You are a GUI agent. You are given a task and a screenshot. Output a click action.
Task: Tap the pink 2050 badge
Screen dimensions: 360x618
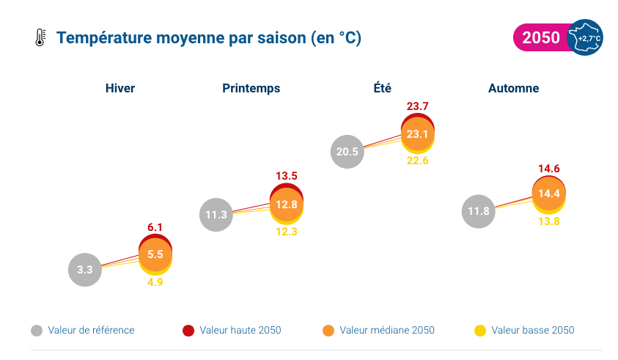point(541,38)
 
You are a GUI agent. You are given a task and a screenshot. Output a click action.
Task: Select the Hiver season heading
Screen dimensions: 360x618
point(120,88)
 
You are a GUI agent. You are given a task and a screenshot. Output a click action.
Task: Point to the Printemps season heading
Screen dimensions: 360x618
point(251,88)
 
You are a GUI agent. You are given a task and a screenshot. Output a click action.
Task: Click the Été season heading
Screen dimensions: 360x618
point(382,88)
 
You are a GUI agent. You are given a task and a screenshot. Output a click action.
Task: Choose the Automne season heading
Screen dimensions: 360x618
point(513,88)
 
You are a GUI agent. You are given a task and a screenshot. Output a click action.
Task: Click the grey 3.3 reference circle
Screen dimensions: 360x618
point(85,269)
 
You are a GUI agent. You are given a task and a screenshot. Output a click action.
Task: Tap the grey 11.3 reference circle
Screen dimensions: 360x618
point(216,215)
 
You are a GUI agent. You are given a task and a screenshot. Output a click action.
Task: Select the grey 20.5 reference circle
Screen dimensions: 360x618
point(347,152)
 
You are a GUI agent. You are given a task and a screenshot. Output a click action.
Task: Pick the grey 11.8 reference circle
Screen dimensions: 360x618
point(478,212)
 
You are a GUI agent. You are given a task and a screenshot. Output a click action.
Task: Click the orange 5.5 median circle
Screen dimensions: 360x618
point(155,254)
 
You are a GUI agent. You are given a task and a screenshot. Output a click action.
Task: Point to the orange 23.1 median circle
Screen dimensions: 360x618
point(418,134)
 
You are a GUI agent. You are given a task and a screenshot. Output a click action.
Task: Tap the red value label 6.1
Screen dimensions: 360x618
point(155,227)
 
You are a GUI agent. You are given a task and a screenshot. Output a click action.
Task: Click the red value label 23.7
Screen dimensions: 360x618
point(418,107)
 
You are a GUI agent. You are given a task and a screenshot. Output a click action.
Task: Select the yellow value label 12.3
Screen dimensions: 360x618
point(287,232)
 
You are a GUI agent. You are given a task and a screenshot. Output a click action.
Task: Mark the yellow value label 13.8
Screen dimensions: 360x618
point(549,221)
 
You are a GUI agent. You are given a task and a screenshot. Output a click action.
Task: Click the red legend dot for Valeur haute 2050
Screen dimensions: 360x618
point(188,331)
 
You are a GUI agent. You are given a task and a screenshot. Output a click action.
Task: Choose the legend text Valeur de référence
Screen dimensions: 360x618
point(91,331)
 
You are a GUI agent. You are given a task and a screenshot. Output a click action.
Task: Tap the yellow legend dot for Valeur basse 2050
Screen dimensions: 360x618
point(480,331)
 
